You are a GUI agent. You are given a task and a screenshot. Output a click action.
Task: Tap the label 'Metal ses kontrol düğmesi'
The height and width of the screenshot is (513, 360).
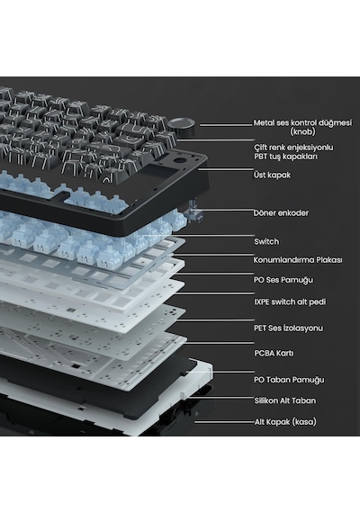tap(302, 123)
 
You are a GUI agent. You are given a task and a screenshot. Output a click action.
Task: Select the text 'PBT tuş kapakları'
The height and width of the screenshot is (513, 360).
tap(285, 157)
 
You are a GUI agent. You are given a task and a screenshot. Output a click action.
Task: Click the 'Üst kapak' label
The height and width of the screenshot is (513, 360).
tap(272, 175)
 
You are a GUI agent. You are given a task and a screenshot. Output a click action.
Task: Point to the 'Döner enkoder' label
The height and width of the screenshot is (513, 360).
tap(281, 213)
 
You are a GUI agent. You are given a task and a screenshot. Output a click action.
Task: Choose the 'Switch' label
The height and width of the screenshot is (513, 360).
tap(266, 242)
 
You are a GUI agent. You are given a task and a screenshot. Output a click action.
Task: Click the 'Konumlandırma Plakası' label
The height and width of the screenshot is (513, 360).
tap(298, 260)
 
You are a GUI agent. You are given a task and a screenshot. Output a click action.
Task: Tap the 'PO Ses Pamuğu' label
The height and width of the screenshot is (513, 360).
tap(283, 280)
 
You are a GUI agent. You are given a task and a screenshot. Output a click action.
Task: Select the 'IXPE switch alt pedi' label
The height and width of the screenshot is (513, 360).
tap(290, 301)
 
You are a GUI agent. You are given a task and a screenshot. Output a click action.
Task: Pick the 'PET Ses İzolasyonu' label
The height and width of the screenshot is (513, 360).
tap(288, 328)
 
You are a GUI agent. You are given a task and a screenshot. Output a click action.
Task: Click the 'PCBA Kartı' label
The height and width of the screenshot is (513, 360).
tap(274, 354)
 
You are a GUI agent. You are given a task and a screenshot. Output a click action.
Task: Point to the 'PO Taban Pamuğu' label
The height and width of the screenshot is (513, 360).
tap(289, 380)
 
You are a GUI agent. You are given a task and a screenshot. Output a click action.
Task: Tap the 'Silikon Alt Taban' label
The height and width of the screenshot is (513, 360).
tap(285, 400)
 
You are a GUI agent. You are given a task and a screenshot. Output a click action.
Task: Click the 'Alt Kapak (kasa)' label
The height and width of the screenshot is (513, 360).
tap(285, 422)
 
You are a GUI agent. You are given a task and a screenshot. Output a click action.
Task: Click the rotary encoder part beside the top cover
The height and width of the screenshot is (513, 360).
tap(193, 213)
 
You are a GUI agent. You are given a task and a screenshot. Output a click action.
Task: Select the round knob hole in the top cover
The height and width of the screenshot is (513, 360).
tap(180, 161)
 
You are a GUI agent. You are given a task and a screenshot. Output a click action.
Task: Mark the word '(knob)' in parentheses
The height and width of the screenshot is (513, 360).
tap(302, 131)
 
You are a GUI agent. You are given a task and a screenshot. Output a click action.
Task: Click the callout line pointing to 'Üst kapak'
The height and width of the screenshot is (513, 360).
tap(226, 169)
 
